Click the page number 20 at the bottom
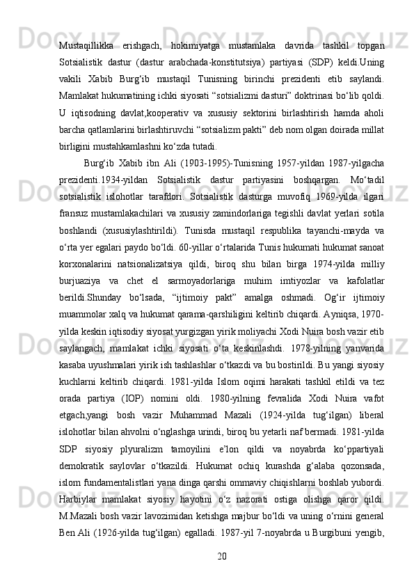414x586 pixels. pos(221,555)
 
